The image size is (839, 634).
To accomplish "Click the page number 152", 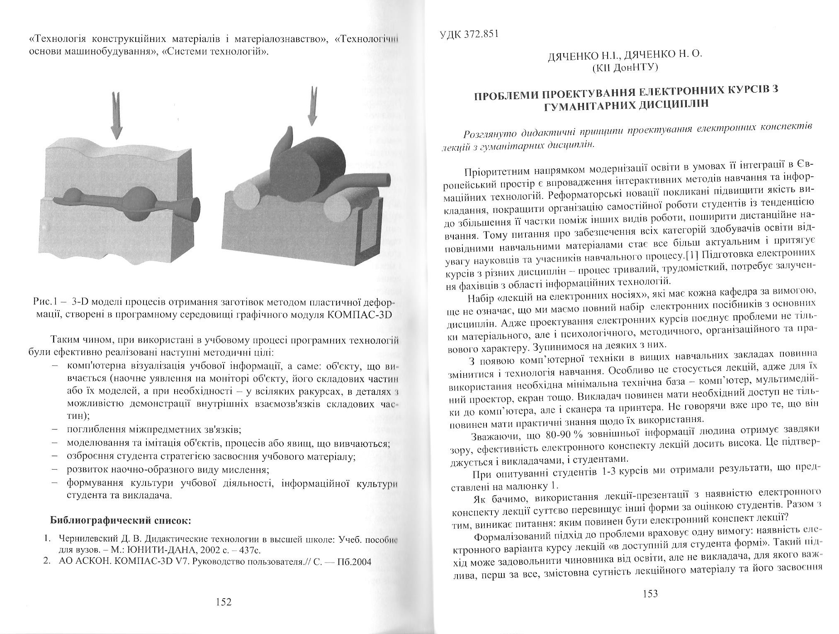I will click(224, 602).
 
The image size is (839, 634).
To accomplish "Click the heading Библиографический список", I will click(120, 520).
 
